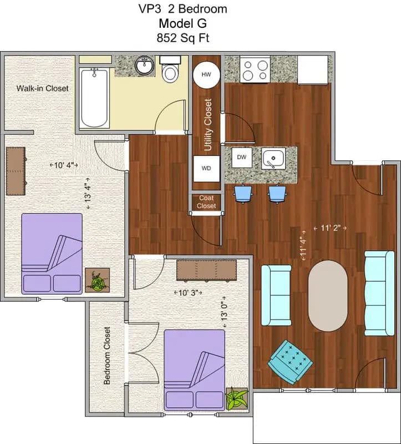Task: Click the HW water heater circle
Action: (x=206, y=74)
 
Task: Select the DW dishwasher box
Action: (x=242, y=158)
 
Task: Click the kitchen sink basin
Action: (x=273, y=159)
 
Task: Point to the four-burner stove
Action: (x=255, y=69)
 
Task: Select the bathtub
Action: (x=93, y=98)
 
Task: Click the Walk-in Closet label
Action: (x=42, y=88)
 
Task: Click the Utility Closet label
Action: (x=208, y=125)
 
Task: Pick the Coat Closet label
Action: (x=206, y=201)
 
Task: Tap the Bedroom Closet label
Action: (x=107, y=356)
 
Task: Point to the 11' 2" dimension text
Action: (x=329, y=228)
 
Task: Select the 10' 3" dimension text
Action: (x=189, y=292)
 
